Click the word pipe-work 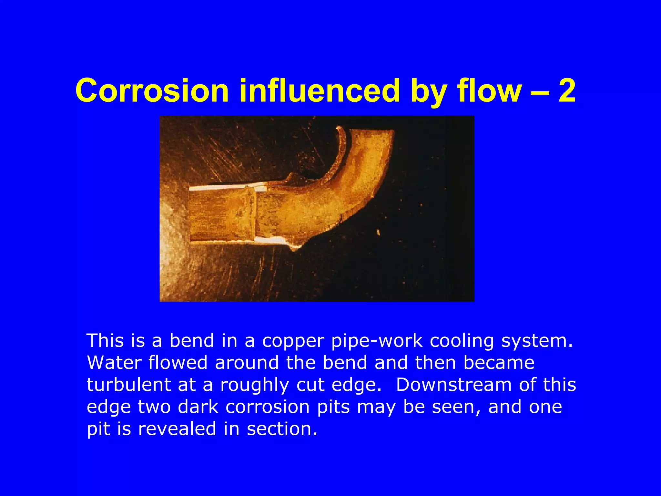377,341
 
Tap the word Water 114,363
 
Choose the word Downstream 453,385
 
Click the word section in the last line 282,429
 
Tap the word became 499,363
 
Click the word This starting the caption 105,341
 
